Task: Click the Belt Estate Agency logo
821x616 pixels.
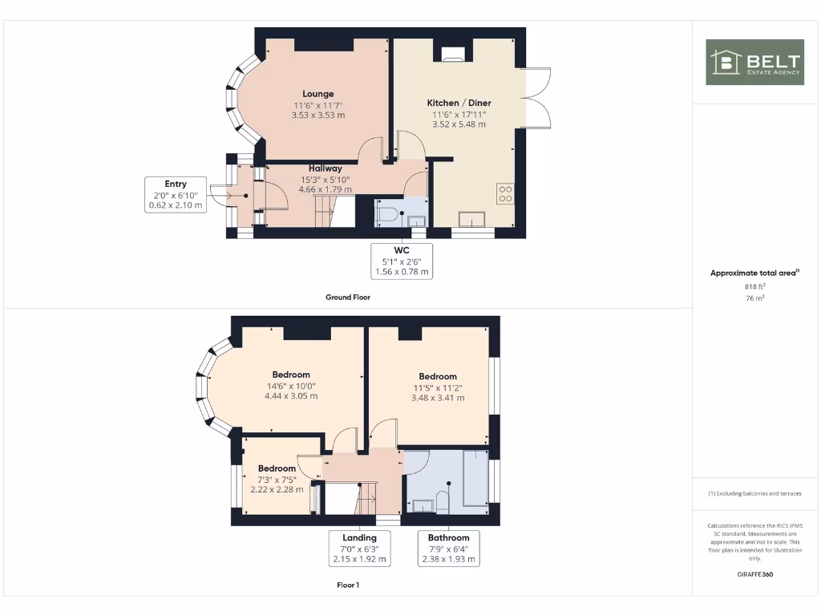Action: tap(754, 62)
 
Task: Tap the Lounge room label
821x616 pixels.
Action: tap(318, 94)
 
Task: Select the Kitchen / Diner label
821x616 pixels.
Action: tap(459, 103)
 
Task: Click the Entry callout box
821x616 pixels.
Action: tap(176, 195)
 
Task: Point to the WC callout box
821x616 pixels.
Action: tap(402, 261)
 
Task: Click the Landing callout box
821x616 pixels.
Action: tap(359, 548)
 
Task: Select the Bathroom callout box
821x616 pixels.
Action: tap(448, 548)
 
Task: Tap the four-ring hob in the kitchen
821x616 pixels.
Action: tap(506, 193)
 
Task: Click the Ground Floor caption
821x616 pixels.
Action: tap(348, 297)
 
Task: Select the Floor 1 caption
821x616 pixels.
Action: tap(348, 585)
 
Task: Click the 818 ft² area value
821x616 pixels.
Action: tap(754, 286)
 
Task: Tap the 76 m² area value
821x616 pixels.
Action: tap(754, 298)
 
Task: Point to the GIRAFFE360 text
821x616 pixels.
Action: tap(754, 574)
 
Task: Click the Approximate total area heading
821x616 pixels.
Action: tap(754, 274)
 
